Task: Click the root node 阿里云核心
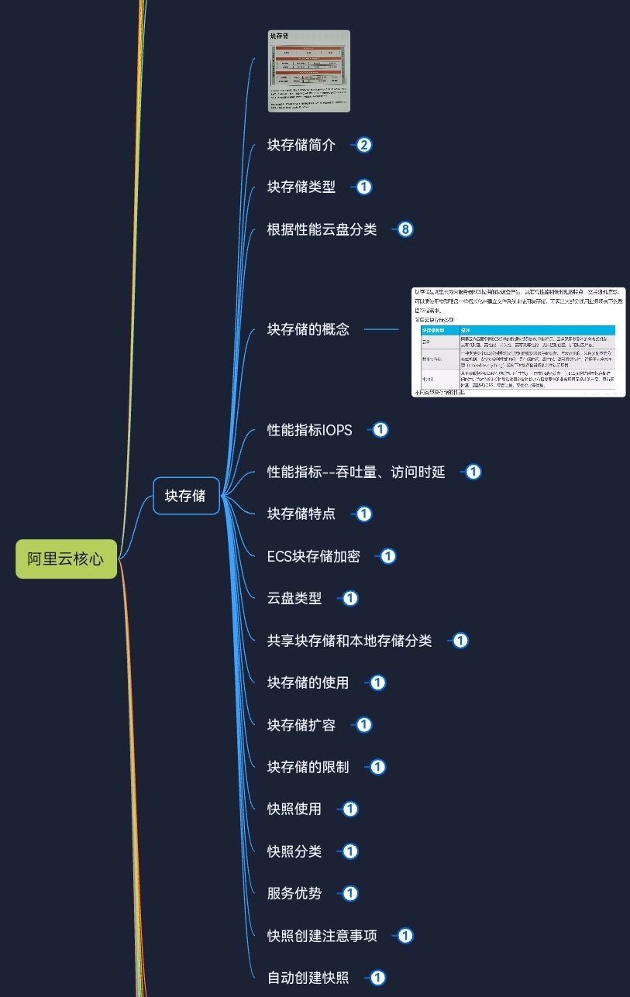click(66, 559)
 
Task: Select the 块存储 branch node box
click(186, 496)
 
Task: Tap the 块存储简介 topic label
click(301, 145)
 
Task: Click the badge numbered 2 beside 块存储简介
click(364, 145)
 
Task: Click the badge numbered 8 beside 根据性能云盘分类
click(406, 229)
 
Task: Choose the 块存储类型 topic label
click(301, 187)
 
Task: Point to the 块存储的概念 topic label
click(308, 329)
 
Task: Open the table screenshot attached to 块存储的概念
click(518, 342)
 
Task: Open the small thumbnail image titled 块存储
click(309, 71)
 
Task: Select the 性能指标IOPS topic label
click(309, 430)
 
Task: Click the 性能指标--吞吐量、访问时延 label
click(356, 472)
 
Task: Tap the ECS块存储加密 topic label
click(313, 556)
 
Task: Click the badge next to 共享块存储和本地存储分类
click(461, 641)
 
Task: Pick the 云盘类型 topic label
click(294, 598)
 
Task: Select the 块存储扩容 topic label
click(301, 725)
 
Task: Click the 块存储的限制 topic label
click(308, 767)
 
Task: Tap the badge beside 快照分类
click(350, 851)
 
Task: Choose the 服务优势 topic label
click(294, 893)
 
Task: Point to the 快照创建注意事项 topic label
click(322, 936)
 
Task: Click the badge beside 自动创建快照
click(378, 978)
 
